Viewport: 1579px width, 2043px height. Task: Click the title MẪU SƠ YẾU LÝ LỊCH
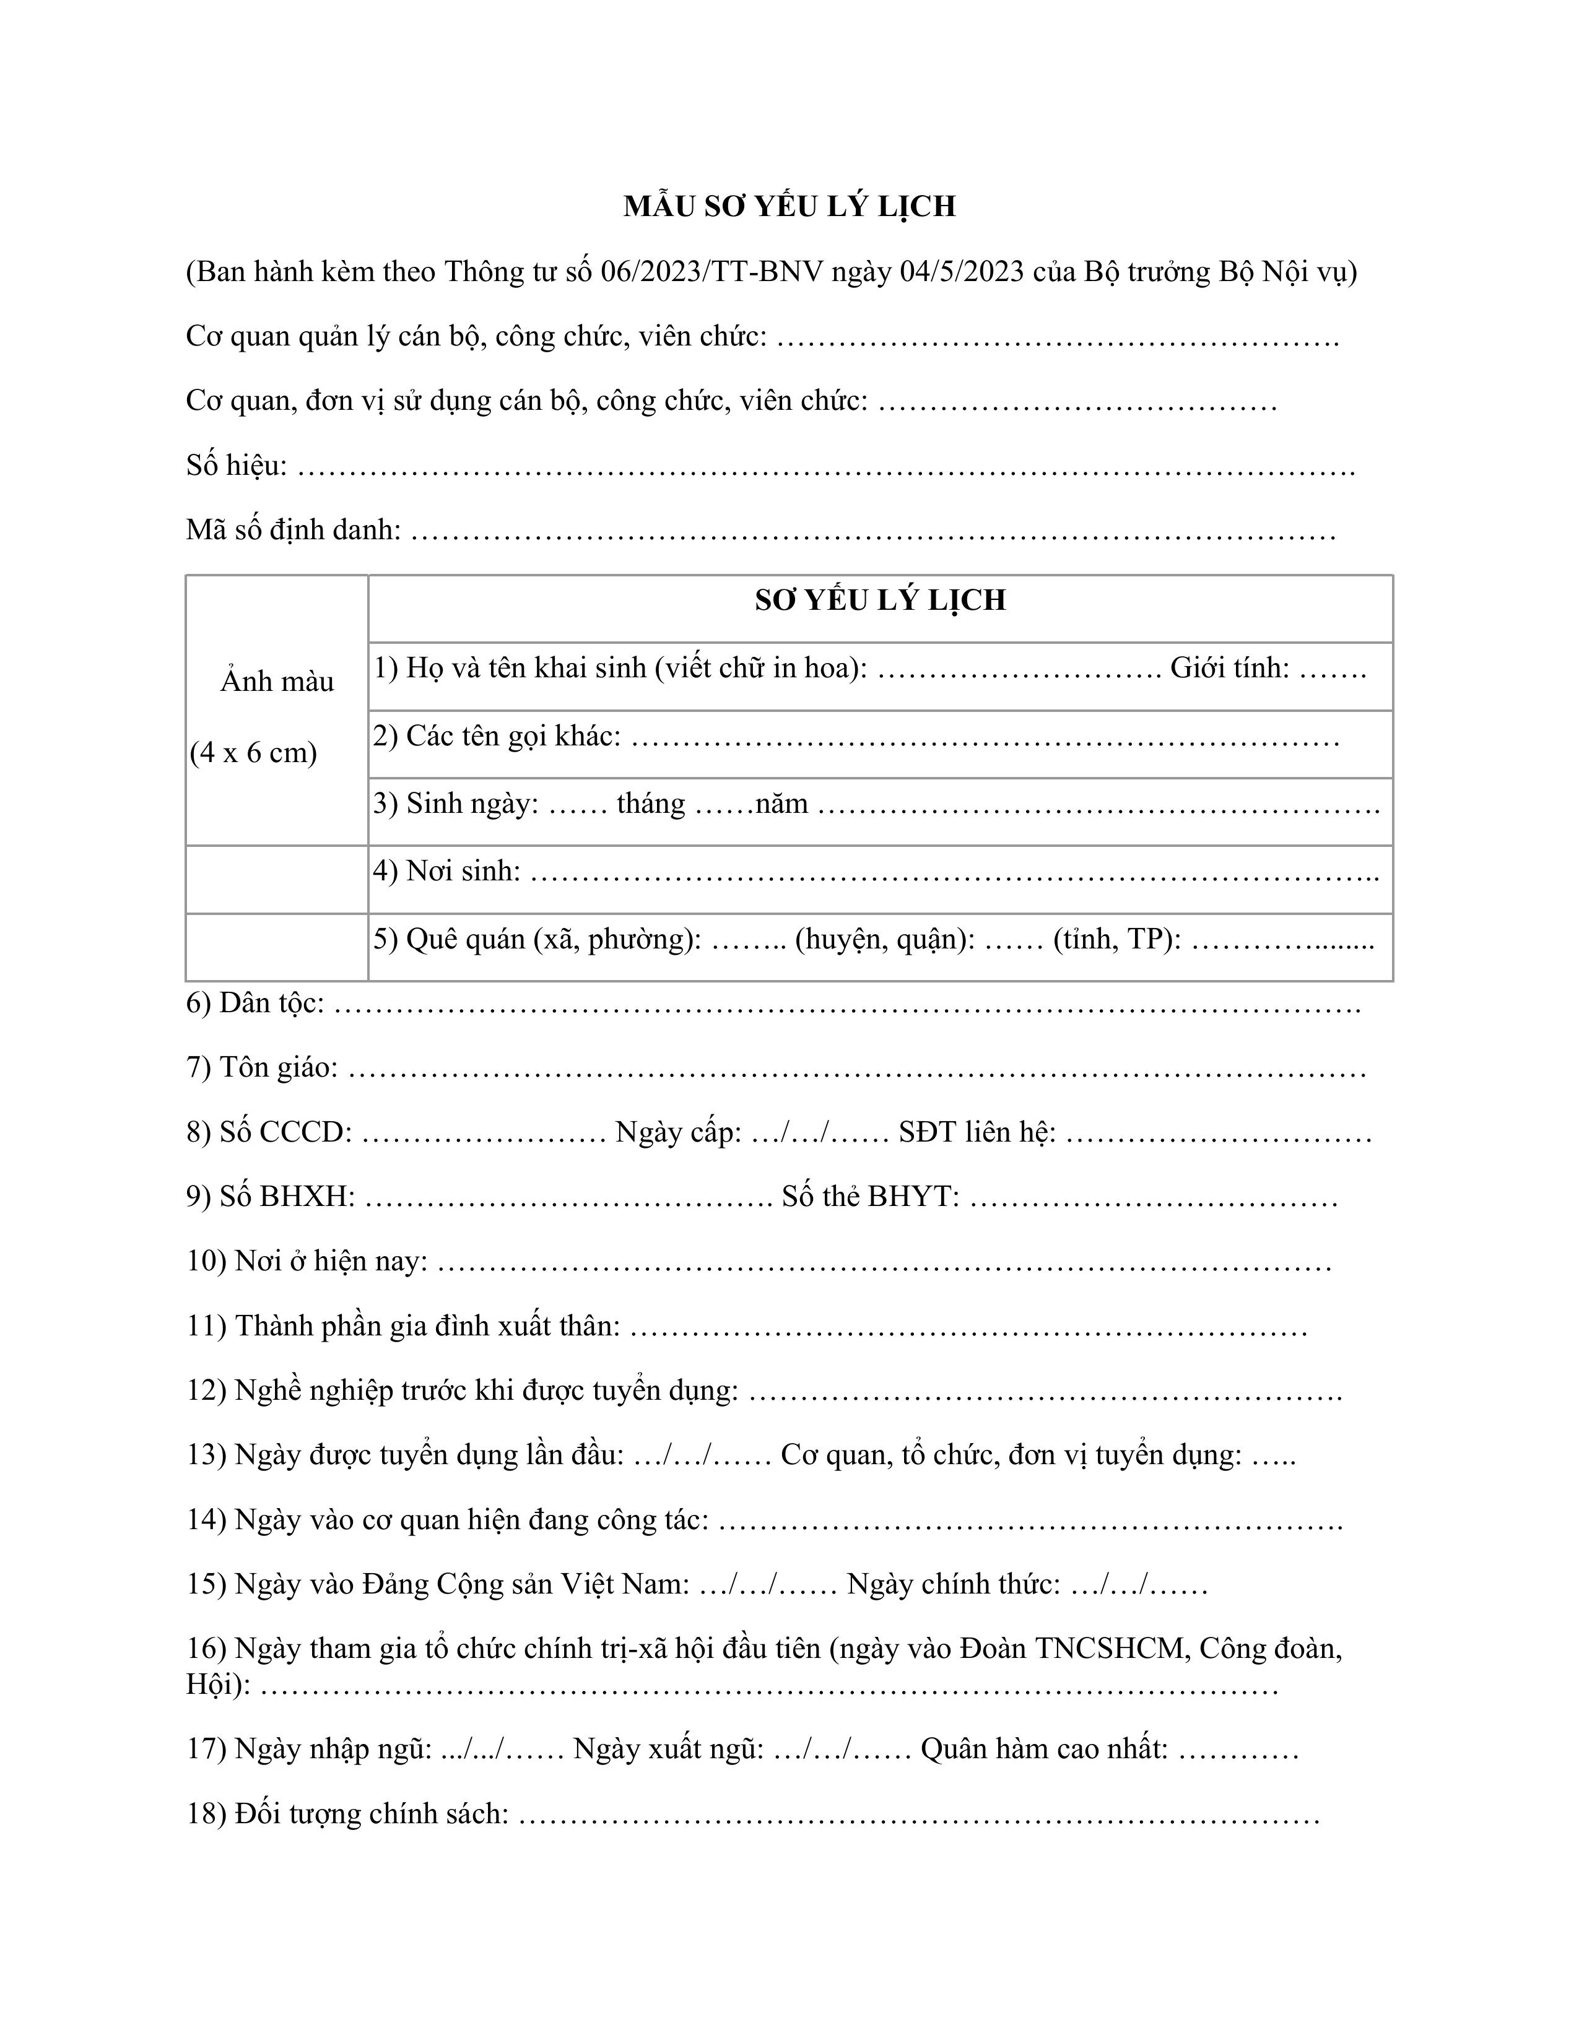[789, 207]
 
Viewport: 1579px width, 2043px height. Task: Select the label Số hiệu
[236, 465]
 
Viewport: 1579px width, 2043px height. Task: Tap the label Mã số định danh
[293, 529]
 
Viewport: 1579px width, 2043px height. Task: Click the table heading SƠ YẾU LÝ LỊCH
[881, 601]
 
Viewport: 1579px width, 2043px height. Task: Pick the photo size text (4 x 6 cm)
[253, 753]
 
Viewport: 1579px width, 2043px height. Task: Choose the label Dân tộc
[271, 1004]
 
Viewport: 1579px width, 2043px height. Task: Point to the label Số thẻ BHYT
[870, 1197]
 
